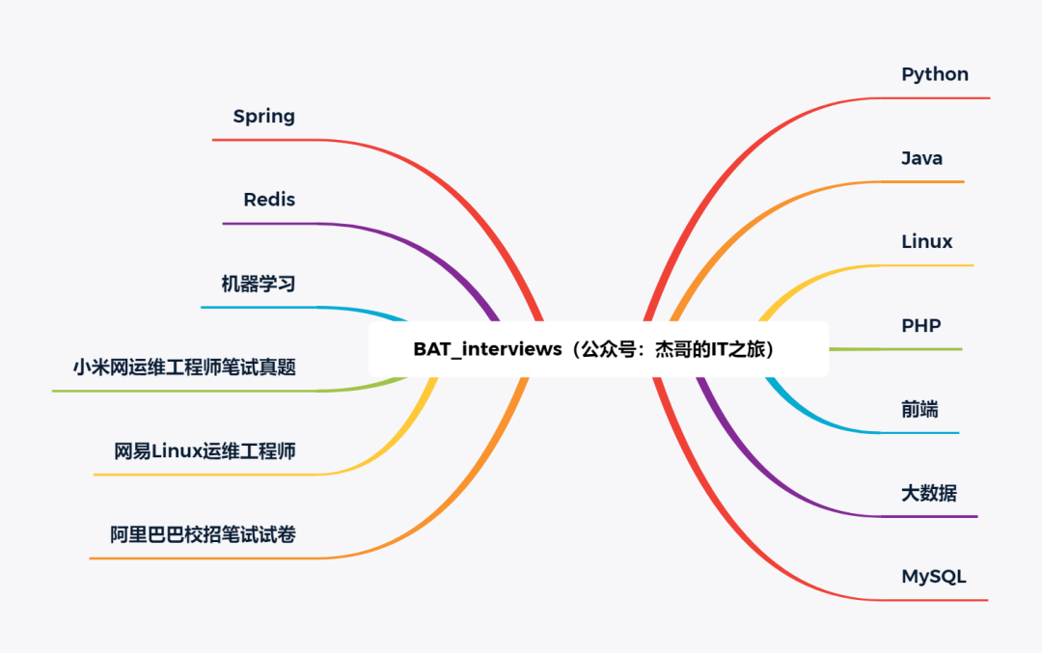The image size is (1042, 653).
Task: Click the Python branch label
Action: (934, 74)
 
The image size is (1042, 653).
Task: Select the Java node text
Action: (921, 158)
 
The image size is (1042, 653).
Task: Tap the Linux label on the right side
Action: (926, 242)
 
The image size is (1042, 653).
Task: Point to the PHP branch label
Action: (921, 325)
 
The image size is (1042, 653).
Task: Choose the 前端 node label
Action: (919, 409)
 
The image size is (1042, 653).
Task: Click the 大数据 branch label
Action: (929, 493)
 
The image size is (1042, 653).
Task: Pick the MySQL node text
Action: (934, 577)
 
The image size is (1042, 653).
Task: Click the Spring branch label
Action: (263, 117)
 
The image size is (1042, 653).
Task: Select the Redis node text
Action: (269, 200)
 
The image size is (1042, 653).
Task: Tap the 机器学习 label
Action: (259, 284)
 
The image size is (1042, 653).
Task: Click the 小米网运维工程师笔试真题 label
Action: (184, 367)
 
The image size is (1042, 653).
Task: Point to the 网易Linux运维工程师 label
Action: (205, 451)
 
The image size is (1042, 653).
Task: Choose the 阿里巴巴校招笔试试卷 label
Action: (203, 534)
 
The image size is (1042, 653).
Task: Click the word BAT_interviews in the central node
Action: (487, 349)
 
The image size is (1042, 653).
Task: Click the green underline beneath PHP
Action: (895, 349)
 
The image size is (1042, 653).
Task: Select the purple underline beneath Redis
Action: (271, 224)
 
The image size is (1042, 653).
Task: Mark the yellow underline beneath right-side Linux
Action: (927, 265)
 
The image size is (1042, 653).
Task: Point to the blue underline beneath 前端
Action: (919, 433)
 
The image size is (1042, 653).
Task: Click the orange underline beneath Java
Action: (922, 182)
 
